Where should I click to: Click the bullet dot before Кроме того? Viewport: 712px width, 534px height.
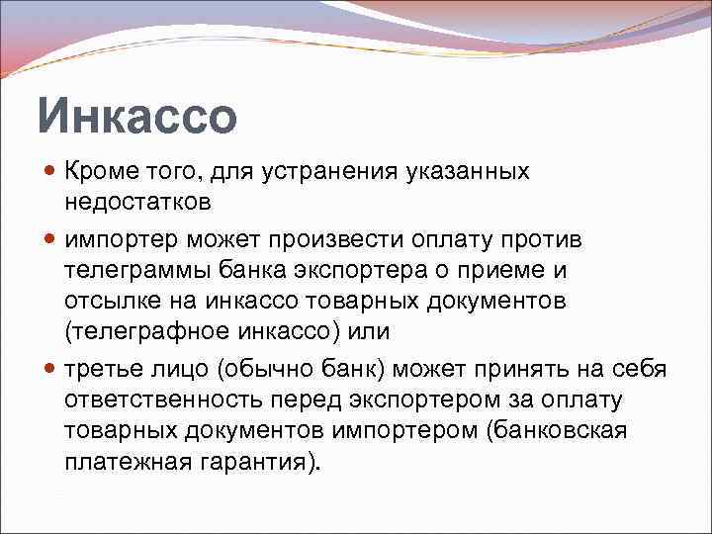point(51,172)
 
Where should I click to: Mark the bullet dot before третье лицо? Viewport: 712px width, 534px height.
point(51,369)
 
